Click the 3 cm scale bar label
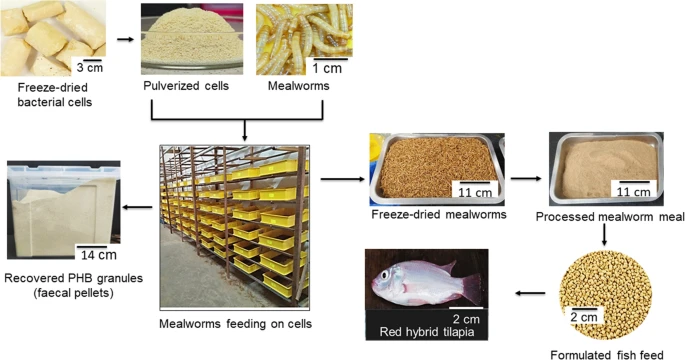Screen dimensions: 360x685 tap(90, 71)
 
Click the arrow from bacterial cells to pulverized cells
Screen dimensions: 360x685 tap(126, 40)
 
